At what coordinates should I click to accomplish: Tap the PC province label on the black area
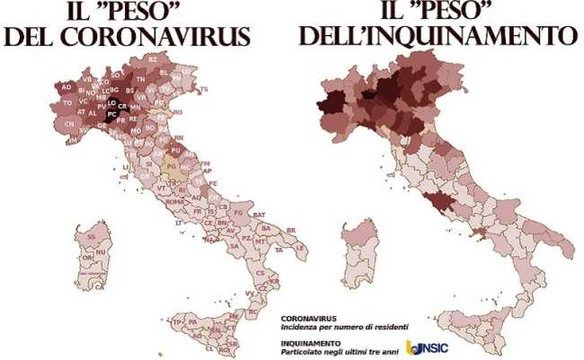(x=111, y=115)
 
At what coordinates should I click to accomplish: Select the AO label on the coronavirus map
(x=66, y=87)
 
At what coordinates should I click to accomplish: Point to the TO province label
(x=67, y=103)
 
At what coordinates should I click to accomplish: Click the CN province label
(x=70, y=124)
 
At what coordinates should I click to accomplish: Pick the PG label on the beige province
(x=170, y=167)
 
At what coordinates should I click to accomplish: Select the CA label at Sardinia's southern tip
(x=100, y=287)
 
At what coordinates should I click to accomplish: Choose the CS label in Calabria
(x=261, y=272)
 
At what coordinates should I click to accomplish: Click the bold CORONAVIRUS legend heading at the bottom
(x=308, y=318)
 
